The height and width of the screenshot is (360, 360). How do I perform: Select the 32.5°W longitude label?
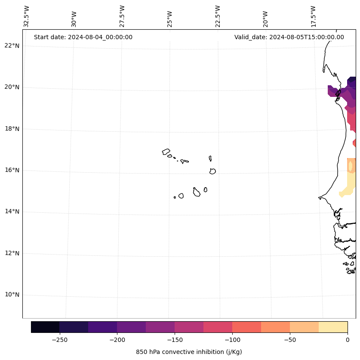pos(27,16)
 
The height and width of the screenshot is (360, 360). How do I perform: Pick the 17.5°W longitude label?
pos(313,16)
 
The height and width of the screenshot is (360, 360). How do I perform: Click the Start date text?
pos(83,37)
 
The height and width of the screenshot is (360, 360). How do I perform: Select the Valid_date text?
pos(289,37)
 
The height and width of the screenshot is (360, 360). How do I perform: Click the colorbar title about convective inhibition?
pos(189,352)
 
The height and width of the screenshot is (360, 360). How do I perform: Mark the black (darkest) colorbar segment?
pos(45,327)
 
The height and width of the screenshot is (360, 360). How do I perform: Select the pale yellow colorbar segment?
pos(333,327)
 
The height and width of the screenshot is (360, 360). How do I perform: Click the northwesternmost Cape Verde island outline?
pos(166,152)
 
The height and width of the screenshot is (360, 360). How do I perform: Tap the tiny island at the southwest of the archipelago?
pos(175,197)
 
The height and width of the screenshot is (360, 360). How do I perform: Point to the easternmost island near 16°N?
pos(212,171)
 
